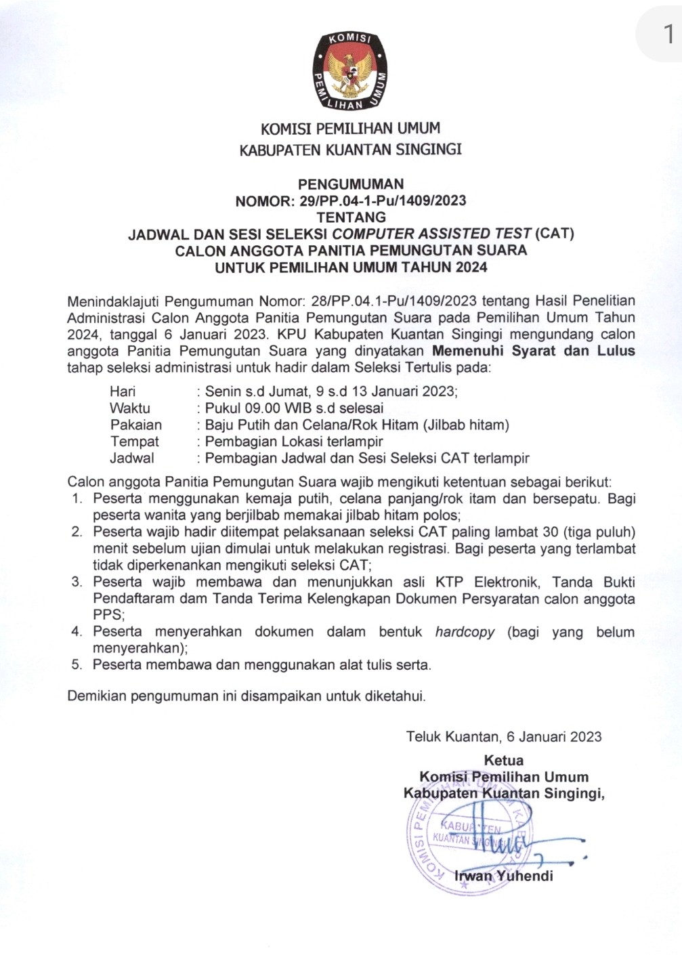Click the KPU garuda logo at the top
point(350,70)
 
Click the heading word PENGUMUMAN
point(351,184)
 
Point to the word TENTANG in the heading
point(351,217)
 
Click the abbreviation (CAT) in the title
point(554,234)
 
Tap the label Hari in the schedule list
point(123,391)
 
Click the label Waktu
point(130,408)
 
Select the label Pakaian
point(136,425)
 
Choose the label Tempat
point(135,442)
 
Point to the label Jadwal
point(132,458)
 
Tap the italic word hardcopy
point(465,632)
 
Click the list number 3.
point(77,582)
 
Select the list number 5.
point(77,665)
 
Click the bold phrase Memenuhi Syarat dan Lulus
point(534,351)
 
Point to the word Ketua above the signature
point(503,760)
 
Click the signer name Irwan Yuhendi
point(503,876)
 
